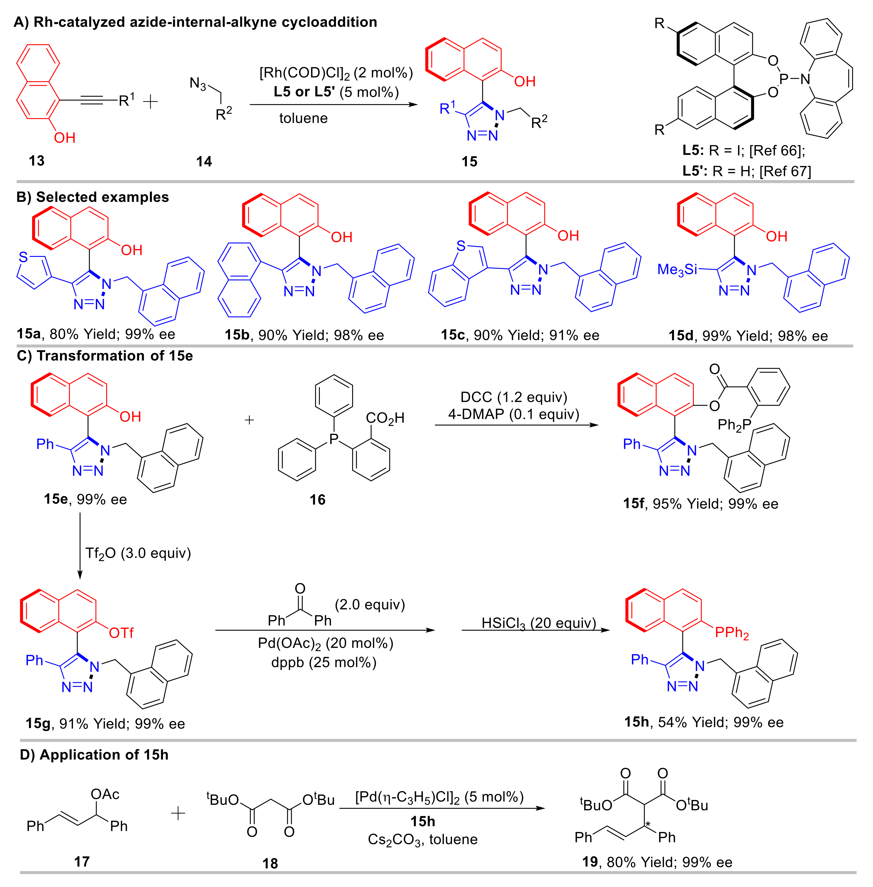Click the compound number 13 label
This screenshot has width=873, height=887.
tap(37, 161)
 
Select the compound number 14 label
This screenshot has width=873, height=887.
tap(204, 161)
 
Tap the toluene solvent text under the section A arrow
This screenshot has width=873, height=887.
tap(304, 118)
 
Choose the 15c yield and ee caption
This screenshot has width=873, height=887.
tap(520, 335)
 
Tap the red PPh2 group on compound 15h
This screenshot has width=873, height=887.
tap(732, 633)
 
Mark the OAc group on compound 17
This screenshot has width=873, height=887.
tap(105, 794)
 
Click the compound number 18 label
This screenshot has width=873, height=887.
tap(270, 863)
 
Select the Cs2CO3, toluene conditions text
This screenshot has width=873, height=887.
tap(422, 839)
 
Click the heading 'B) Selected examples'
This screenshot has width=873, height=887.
tap(93, 197)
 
